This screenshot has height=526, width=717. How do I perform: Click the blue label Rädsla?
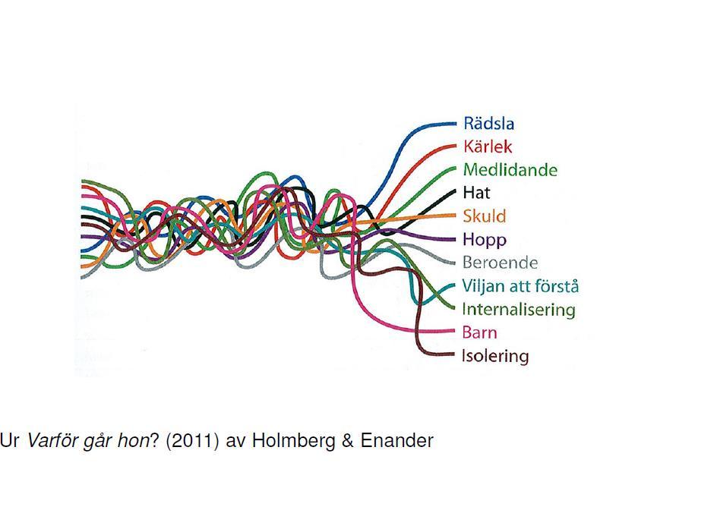coord(488,124)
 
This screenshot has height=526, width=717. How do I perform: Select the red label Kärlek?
coord(488,146)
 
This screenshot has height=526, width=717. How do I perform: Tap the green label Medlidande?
coord(510,170)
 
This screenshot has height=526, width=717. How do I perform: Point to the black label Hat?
coord(476,193)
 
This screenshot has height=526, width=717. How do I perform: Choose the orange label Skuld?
coord(485,216)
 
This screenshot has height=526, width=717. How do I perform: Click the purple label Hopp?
coord(485,240)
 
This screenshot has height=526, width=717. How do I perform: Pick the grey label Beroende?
coord(501,263)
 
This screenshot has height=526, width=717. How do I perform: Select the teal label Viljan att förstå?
coord(520,286)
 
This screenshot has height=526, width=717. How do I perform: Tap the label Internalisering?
coord(519,310)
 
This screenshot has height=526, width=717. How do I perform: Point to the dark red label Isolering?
coord(495,356)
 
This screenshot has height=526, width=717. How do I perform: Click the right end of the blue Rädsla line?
coord(456,124)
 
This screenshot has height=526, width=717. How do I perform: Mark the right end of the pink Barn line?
coord(454,332)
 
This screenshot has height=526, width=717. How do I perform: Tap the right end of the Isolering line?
coord(453,354)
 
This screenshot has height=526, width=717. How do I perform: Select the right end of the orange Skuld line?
coord(455,216)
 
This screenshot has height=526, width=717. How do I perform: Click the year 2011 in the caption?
coord(192,441)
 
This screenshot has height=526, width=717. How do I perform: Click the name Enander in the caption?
coord(397,441)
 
